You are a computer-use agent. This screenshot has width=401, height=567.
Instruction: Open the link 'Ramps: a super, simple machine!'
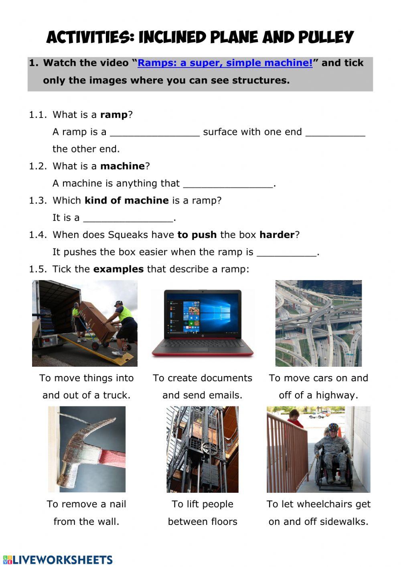coord(225,63)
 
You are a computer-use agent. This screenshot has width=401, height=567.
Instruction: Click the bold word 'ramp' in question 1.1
coord(113,115)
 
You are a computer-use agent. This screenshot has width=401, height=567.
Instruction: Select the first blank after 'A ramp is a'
coord(154,133)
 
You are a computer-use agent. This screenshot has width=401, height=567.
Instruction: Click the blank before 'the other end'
coord(335,133)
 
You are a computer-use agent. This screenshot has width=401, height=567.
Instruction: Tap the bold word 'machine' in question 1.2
coord(122,166)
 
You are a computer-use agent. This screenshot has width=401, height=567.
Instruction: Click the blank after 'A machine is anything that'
coord(228,184)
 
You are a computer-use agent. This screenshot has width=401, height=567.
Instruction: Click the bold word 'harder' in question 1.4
coord(277,235)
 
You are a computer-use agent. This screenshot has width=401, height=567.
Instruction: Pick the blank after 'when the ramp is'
coord(287,253)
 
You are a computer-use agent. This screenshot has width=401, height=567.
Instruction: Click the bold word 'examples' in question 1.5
coord(118,269)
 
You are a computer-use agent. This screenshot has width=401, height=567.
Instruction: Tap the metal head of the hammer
coord(82,445)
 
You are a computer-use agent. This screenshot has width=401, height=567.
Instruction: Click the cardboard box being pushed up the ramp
coord(96,315)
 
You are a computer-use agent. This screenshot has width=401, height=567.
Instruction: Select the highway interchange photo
coord(318,323)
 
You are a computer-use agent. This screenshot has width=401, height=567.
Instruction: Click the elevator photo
coord(203,449)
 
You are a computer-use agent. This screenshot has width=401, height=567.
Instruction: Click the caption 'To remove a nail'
coord(86,504)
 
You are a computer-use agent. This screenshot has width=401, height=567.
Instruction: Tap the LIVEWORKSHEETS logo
coord(58,560)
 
